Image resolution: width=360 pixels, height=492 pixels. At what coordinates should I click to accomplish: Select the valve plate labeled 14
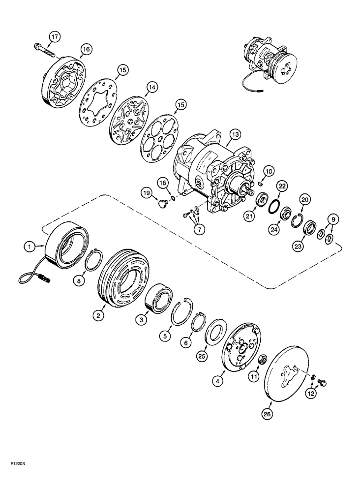pos(129,121)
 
